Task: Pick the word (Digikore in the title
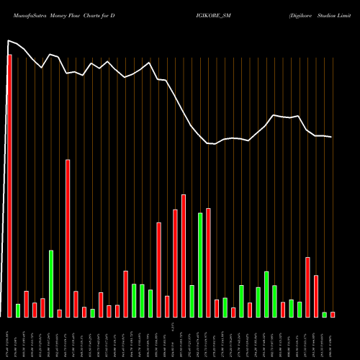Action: [x=283, y=14]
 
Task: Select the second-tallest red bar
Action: [x=68, y=238]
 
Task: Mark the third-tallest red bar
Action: [x=184, y=256]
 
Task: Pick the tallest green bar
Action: [x=200, y=265]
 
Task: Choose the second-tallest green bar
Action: [x=51, y=284]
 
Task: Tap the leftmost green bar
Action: [x=18, y=310]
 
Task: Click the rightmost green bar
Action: [x=324, y=315]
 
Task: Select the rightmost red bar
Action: [x=333, y=315]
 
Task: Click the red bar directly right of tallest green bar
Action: [x=208, y=263]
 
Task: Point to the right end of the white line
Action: [x=332, y=137]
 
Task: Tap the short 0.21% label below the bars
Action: [x=175, y=328]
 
